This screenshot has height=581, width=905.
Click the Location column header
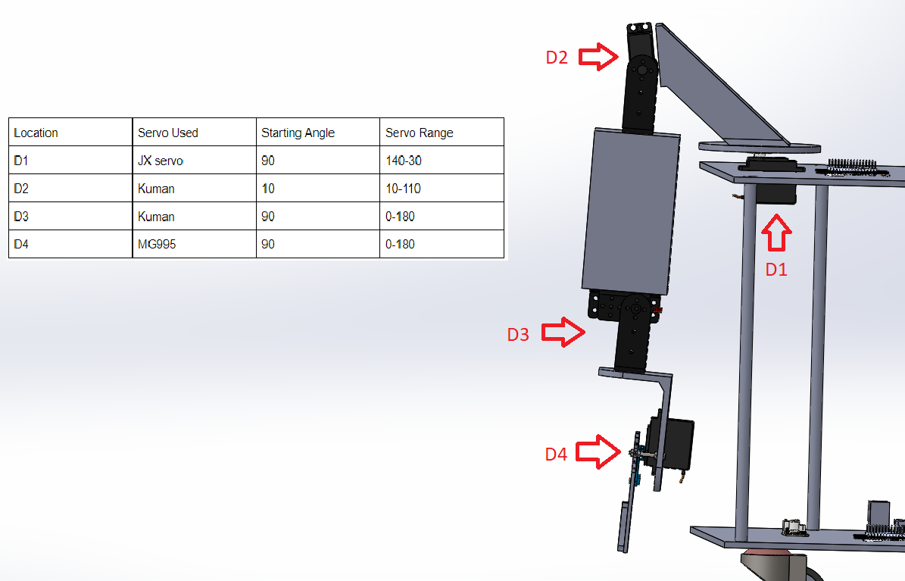pyautogui.click(x=36, y=133)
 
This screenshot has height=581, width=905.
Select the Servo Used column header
pyautogui.click(x=168, y=133)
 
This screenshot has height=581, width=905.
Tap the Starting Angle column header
pyautogui.click(x=298, y=133)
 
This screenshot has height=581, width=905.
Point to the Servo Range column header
pyautogui.click(x=420, y=133)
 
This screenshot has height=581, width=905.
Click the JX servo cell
pyautogui.click(x=161, y=161)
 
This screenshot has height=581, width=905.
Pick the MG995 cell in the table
pyautogui.click(x=157, y=245)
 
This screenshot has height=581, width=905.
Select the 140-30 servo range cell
pyautogui.click(x=404, y=161)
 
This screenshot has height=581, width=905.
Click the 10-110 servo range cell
pyautogui.click(x=403, y=189)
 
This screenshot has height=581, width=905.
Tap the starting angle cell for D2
pyautogui.click(x=268, y=189)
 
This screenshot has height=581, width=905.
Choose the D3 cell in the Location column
pyautogui.click(x=21, y=217)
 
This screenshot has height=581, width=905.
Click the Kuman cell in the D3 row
pyautogui.click(x=157, y=217)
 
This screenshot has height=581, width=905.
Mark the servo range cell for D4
pyautogui.click(x=400, y=245)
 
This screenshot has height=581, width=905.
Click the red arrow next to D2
pyautogui.click(x=598, y=57)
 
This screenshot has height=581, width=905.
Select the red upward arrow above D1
pyautogui.click(x=776, y=233)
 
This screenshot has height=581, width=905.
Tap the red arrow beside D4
pyautogui.click(x=598, y=451)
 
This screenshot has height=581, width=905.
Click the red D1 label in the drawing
pyautogui.click(x=776, y=269)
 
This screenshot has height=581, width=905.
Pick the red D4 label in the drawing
pyautogui.click(x=557, y=454)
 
